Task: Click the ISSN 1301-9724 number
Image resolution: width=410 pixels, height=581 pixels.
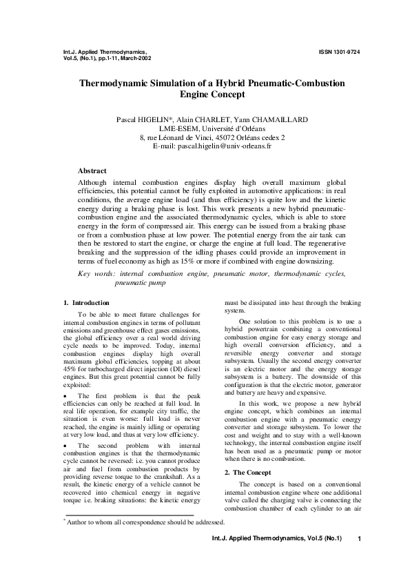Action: click(x=339, y=52)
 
